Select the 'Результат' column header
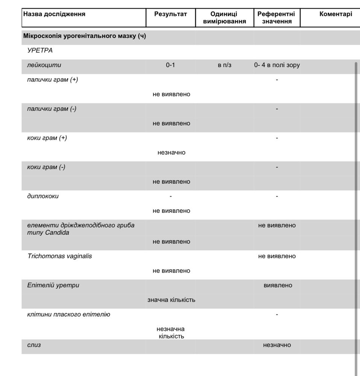click(170, 14)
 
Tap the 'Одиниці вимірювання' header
click(224, 18)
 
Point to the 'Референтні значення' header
click(276, 18)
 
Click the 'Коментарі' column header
click(336, 14)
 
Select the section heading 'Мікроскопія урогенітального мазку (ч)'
click(85, 36)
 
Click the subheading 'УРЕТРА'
click(40, 51)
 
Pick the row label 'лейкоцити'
click(44, 65)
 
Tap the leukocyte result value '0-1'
click(170, 65)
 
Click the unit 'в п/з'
click(225, 65)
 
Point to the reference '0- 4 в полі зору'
click(277, 65)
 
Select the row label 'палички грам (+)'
click(53, 80)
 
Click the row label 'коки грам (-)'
click(46, 167)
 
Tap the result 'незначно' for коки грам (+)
click(172, 153)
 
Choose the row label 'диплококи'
click(43, 196)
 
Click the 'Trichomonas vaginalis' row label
click(59, 256)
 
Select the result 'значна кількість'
click(171, 300)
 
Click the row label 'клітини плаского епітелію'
click(69, 314)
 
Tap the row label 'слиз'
click(34, 345)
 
